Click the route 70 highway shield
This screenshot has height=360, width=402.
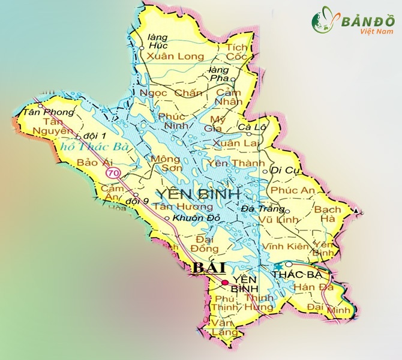click(113, 173)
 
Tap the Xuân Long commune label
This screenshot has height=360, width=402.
click(176, 56)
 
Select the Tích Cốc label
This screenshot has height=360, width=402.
click(237, 52)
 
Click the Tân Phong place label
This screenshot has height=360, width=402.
click(39, 112)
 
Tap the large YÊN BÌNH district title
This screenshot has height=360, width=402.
click(198, 193)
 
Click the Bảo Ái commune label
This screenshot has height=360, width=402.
click(91, 163)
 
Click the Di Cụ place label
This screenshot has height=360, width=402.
click(285, 171)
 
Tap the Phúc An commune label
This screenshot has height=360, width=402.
click(293, 190)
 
